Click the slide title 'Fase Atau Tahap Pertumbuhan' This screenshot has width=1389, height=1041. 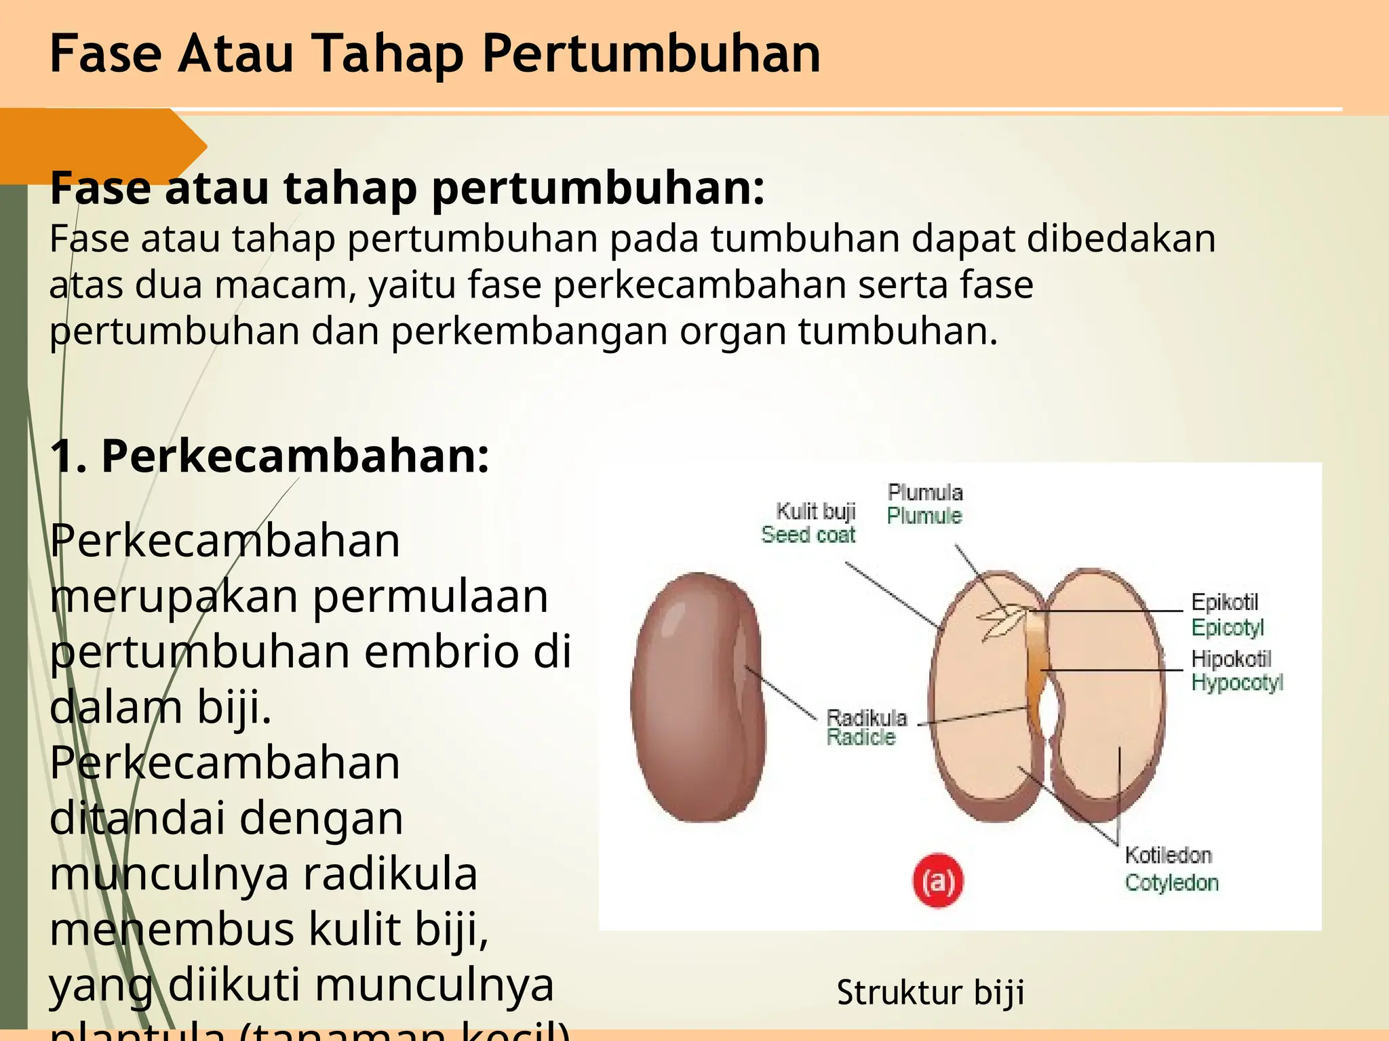[435, 54]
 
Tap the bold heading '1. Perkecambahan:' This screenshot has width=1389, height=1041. [269, 455]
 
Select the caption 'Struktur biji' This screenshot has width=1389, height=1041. [930, 992]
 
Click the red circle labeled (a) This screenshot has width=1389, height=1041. [937, 880]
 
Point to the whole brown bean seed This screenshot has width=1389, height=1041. [697, 697]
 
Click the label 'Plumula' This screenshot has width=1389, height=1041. [925, 492]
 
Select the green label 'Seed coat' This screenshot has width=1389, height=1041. [808, 535]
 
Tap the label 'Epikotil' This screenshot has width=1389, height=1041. [1224, 602]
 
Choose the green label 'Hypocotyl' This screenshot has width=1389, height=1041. [1237, 682]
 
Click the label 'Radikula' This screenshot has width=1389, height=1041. [866, 717]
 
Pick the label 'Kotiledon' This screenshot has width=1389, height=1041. [1168, 855]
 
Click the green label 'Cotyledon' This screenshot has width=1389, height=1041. [1171, 882]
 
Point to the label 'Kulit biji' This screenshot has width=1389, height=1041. [815, 511]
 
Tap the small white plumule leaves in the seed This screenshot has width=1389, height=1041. [1002, 620]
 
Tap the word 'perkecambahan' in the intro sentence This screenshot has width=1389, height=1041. [699, 285]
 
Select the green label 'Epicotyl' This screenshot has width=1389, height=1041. [1228, 628]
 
